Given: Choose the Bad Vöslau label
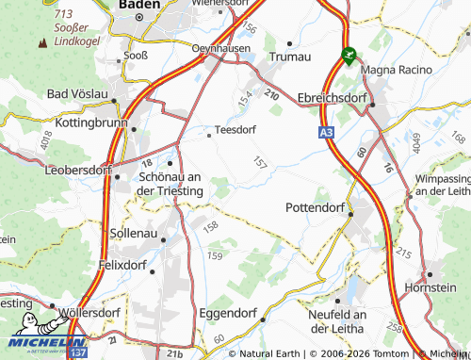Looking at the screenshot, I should pyautogui.click(x=77, y=95).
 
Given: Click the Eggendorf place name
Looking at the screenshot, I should pyautogui.click(x=229, y=313).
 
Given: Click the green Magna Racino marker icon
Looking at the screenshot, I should pyautogui.click(x=349, y=57).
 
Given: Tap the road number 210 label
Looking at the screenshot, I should pyautogui.click(x=272, y=95).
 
